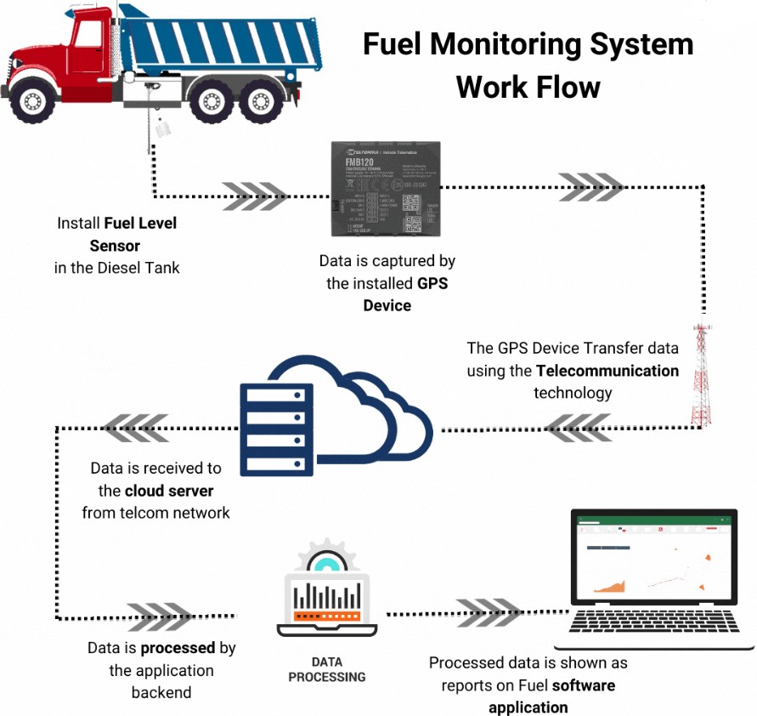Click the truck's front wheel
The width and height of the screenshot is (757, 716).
(35, 103)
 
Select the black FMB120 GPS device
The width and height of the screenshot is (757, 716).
(387, 189)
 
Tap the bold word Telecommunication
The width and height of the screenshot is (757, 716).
(607, 371)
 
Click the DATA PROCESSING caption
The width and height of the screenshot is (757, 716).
(326, 669)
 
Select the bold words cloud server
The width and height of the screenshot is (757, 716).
(168, 491)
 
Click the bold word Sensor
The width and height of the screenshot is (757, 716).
(115, 246)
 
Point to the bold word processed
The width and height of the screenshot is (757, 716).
(177, 648)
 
